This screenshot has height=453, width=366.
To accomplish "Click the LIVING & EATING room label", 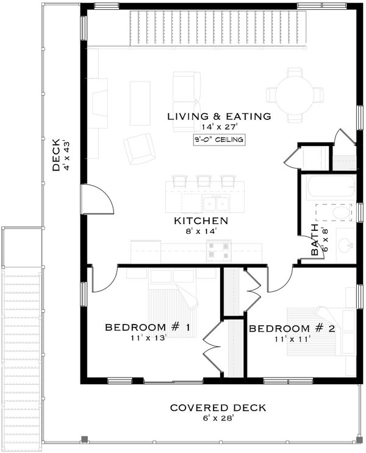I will (219, 116).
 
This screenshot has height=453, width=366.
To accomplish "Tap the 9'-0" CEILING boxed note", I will (218, 140).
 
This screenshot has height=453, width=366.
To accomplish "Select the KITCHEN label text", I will (201, 220).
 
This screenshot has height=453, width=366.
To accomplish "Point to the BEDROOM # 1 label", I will (148, 328).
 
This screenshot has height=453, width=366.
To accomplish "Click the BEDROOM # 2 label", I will (293, 328).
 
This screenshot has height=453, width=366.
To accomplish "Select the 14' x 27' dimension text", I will (218, 127).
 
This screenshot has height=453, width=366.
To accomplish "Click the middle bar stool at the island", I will (203, 181).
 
